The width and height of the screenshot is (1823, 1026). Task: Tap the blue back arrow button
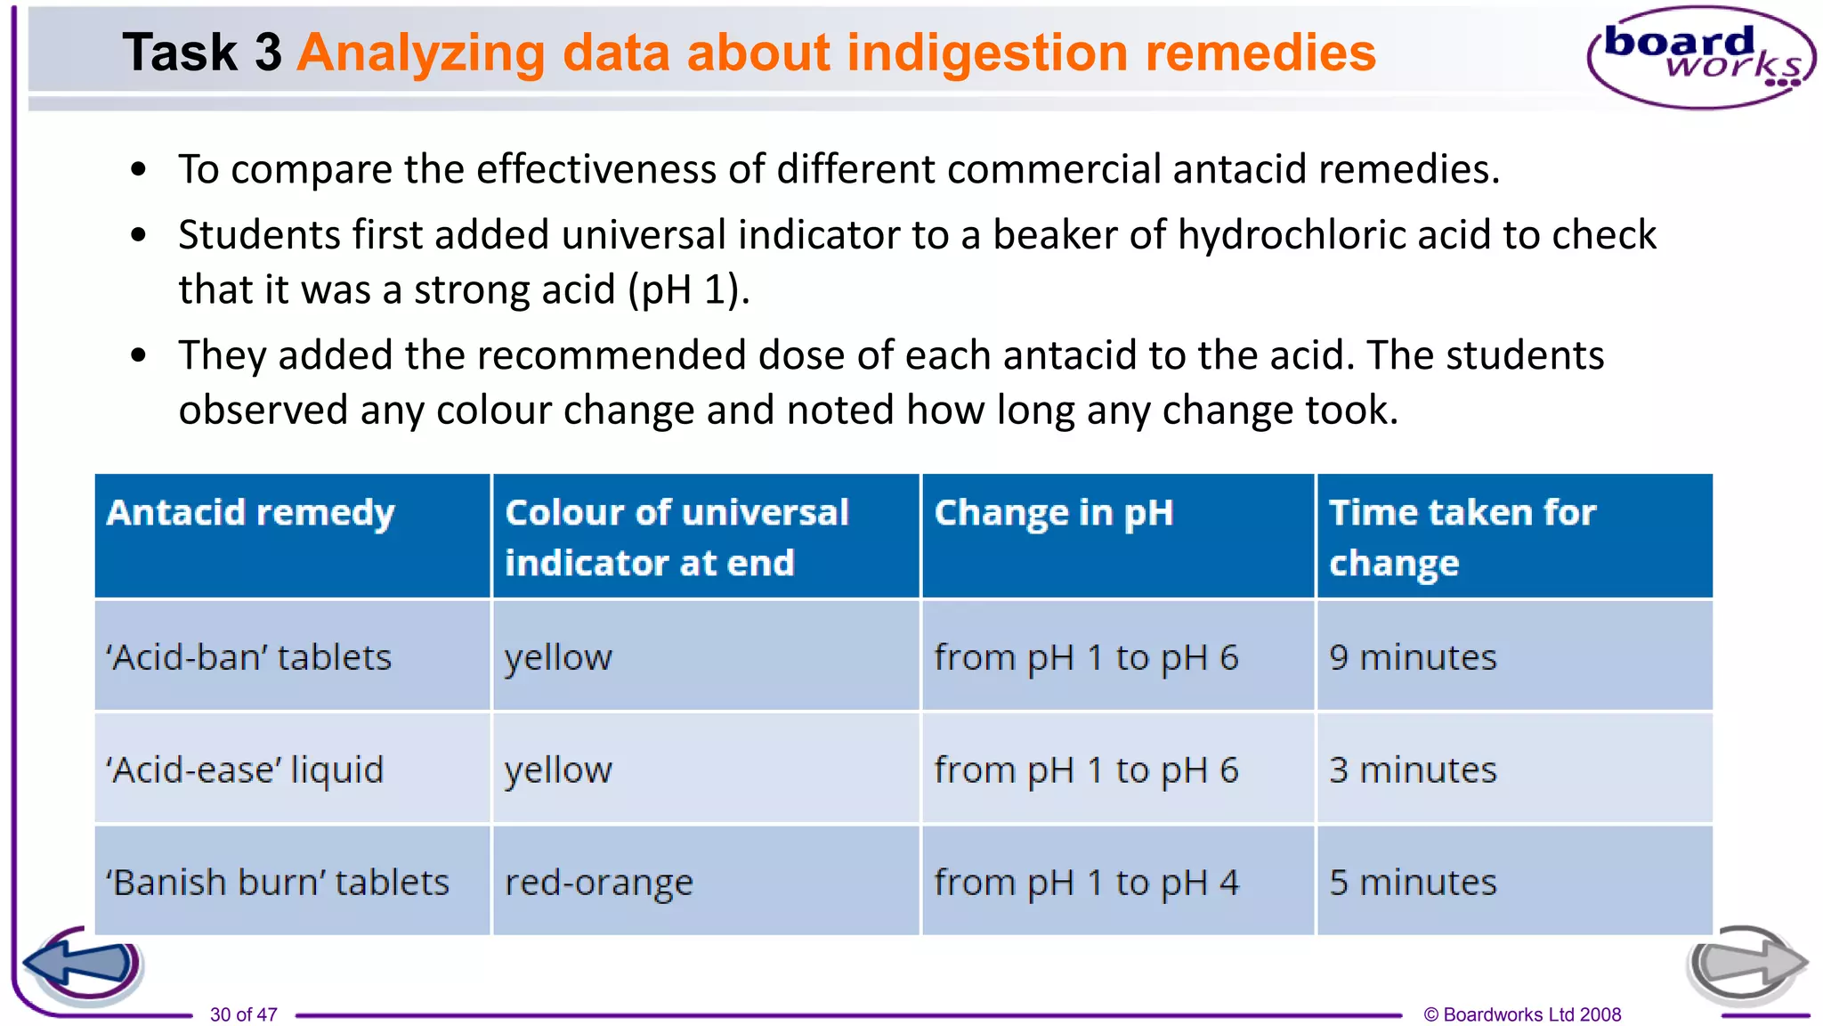click(x=83, y=965)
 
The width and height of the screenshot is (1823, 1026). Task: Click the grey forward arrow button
click(x=1745, y=964)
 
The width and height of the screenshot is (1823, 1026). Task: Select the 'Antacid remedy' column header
click(x=250, y=514)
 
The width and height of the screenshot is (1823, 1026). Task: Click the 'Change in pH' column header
click(x=1053, y=514)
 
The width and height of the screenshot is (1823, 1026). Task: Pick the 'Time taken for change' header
click(x=1462, y=537)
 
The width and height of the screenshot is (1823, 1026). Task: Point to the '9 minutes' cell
click(x=1413, y=658)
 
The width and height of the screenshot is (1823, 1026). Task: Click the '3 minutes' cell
click(x=1413, y=770)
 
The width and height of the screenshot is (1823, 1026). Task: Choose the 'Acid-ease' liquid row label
click(x=245, y=770)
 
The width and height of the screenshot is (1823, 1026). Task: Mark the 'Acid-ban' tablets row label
click(x=248, y=658)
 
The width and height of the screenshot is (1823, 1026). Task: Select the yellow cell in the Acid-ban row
click(x=558, y=658)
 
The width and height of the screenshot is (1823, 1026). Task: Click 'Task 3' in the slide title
click(x=202, y=53)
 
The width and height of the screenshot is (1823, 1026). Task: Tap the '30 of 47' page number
click(x=243, y=1014)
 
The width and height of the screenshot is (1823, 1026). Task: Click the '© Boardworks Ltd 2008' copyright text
click(x=1522, y=1014)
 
